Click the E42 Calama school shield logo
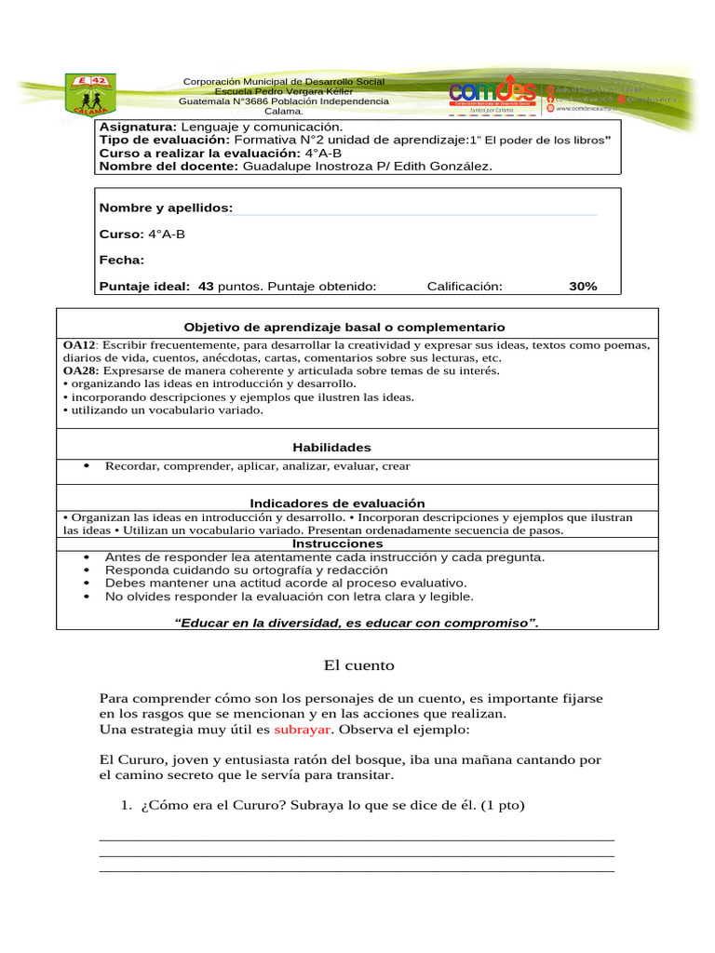pos(91,94)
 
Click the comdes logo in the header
pos(492,93)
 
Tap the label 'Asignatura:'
pos(138,127)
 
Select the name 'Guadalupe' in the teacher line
pos(275,166)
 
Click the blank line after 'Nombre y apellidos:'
pos(414,211)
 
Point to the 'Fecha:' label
pos(122,261)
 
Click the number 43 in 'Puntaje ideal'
pos(206,287)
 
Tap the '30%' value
pos(583,287)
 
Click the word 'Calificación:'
pos(465,287)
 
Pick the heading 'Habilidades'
pos(331,448)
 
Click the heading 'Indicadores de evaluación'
pos(337,503)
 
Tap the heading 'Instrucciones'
pos(337,544)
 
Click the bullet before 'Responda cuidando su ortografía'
pos(87,570)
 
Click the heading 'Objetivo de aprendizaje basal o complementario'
pos(344,328)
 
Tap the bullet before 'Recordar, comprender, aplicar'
pos(87,466)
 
